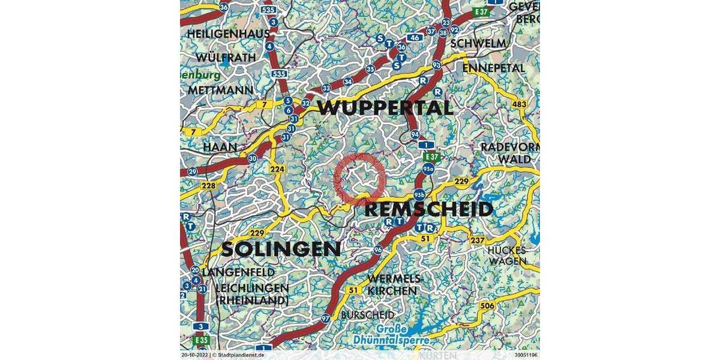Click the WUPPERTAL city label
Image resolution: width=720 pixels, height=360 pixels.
coord(385,108)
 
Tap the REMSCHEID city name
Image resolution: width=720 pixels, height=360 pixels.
coord(428,209)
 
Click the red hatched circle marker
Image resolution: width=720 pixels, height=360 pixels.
coord(359,178)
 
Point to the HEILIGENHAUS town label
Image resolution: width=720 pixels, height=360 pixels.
coord(229,34)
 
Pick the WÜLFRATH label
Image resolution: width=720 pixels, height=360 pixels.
coord(226,58)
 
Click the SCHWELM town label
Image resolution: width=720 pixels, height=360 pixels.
coord(478,44)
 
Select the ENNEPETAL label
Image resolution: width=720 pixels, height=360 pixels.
coord(493,68)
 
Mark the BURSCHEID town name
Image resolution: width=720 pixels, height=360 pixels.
coord(367,315)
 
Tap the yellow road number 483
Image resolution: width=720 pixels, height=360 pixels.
coord(520,104)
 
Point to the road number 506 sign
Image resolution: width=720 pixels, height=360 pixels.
coord(487,306)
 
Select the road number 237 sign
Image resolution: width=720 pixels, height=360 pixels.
coord(478,240)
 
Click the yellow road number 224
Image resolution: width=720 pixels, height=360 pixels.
coord(277,169)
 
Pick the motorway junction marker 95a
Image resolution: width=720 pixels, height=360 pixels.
coord(428,169)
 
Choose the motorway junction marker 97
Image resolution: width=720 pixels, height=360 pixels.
coord(325,318)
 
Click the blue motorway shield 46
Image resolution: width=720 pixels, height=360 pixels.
coord(415,37)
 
